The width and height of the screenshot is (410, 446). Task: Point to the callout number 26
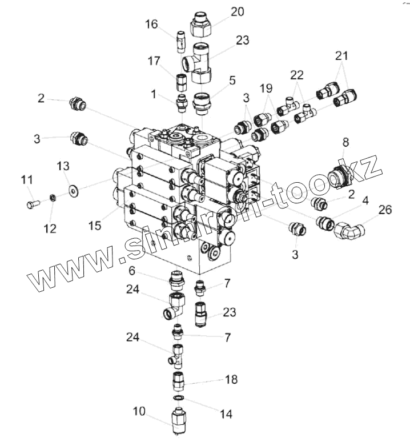coord(385,210)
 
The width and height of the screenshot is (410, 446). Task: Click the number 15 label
coord(95,224)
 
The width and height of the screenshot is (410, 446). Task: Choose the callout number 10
coord(139,411)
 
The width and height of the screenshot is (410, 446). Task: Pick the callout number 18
coord(231,380)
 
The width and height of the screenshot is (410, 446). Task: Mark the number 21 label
coord(341,56)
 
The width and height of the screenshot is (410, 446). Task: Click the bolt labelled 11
coord(32,202)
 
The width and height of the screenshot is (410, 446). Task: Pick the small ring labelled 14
coord(179,397)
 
